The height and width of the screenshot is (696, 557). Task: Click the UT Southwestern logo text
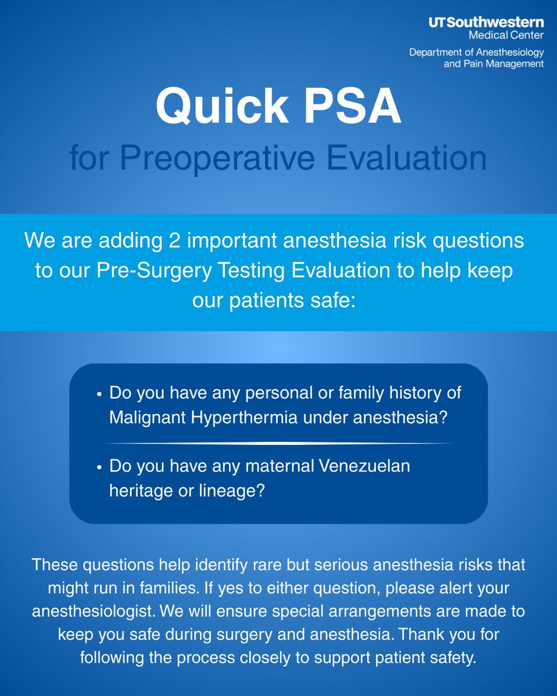tap(486, 23)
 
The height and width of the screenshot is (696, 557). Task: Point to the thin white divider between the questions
tap(278, 443)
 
